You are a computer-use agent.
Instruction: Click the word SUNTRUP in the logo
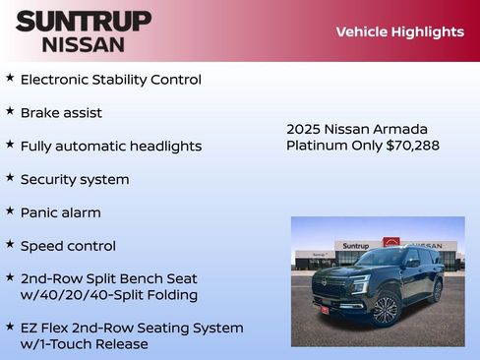(x=84, y=21)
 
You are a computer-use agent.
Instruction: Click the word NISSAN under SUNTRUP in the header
(x=84, y=44)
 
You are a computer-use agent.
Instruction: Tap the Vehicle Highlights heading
(x=399, y=31)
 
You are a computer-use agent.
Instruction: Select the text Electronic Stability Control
(x=111, y=80)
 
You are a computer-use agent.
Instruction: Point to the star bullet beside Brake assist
(x=10, y=111)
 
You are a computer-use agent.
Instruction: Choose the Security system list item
(x=75, y=180)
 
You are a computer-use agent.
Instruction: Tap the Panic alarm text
(x=61, y=213)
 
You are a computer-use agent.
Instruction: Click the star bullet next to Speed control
(x=10, y=244)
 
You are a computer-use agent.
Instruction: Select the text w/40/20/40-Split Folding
(x=109, y=295)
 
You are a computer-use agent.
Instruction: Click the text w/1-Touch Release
(x=85, y=344)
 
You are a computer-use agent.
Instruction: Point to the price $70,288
(x=413, y=146)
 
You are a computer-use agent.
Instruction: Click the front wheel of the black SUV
(x=385, y=309)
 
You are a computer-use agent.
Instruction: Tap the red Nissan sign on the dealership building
(x=391, y=242)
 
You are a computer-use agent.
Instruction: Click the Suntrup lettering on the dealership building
(x=355, y=246)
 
